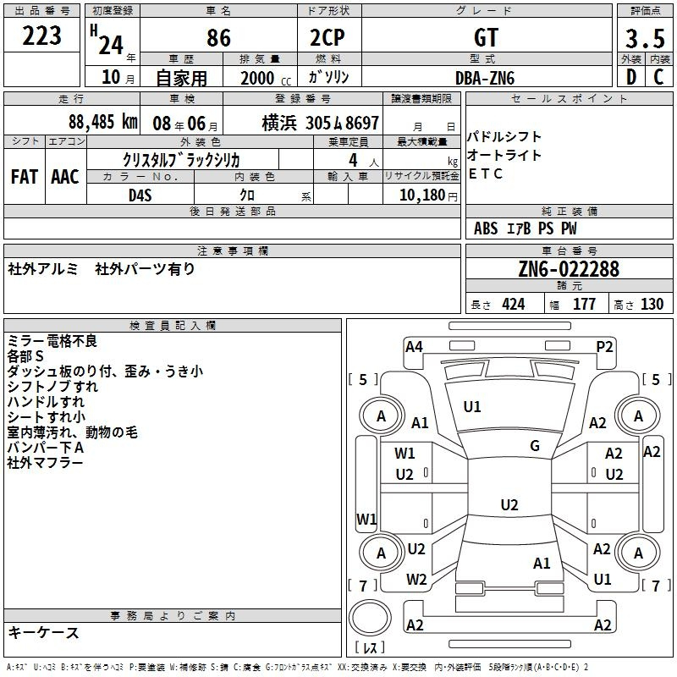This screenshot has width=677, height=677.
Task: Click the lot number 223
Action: click(x=41, y=36)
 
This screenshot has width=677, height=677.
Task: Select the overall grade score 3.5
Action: click(x=645, y=38)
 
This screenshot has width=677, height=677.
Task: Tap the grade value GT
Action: click(x=487, y=37)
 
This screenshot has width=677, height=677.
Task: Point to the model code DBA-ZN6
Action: click(x=485, y=78)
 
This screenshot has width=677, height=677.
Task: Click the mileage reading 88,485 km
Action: click(x=103, y=122)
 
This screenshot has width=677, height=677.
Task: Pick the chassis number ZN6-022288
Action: click(x=569, y=269)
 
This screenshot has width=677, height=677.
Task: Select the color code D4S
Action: click(x=140, y=195)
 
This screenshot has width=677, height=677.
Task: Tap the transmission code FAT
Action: click(x=25, y=177)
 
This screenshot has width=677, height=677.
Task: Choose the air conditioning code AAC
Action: click(x=65, y=177)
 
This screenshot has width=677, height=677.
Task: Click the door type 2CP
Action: click(x=327, y=37)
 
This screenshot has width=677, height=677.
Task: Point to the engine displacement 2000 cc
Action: click(x=266, y=78)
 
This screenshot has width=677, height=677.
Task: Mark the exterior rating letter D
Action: click(x=631, y=77)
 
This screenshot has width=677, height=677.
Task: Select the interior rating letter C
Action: click(x=659, y=77)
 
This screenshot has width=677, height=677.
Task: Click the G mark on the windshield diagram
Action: click(x=535, y=446)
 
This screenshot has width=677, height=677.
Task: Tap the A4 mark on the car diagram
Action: click(x=414, y=347)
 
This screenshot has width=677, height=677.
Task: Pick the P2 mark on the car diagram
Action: click(x=604, y=347)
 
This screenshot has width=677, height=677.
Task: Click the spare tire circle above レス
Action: click(x=370, y=618)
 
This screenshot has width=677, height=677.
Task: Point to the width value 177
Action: click(x=584, y=304)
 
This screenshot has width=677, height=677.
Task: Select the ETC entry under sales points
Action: click(x=485, y=173)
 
